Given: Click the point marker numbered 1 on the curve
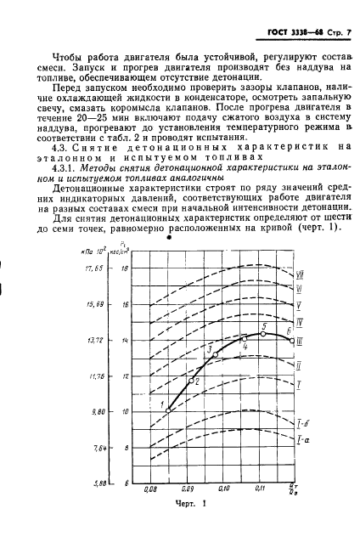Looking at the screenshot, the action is click(x=168, y=410).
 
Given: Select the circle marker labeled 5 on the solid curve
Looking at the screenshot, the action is click(x=263, y=333).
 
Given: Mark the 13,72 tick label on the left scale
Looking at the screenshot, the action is click(x=93, y=340).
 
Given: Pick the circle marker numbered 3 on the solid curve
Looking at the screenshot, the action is click(x=215, y=354).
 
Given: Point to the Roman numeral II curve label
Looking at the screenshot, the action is click(x=299, y=364).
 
